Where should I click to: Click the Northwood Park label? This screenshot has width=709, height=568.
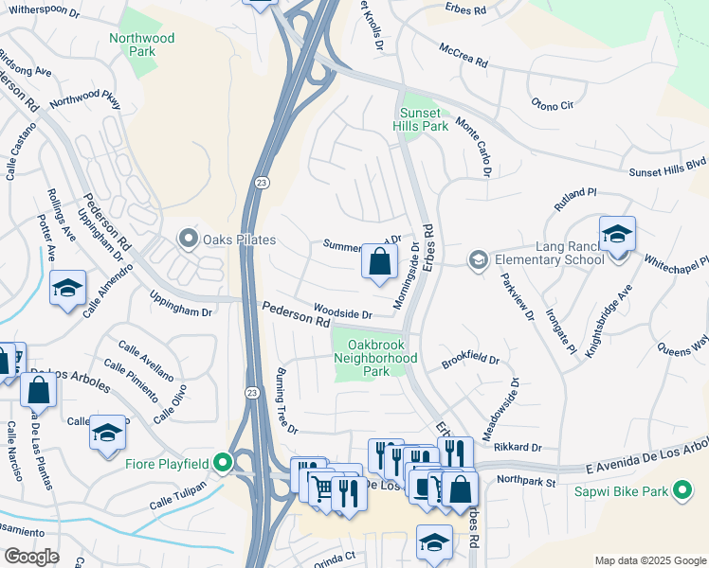[142, 44]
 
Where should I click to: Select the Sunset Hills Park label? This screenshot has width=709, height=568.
[421, 118]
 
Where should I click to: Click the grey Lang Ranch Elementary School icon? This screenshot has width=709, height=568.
[479, 258]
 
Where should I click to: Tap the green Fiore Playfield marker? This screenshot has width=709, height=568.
[223, 462]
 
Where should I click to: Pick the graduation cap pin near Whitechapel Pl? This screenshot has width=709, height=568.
[617, 234]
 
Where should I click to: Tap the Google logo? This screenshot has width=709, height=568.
[31, 557]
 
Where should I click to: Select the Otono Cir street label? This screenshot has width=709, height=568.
[553, 104]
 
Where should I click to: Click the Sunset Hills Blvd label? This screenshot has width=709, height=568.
[668, 168]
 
